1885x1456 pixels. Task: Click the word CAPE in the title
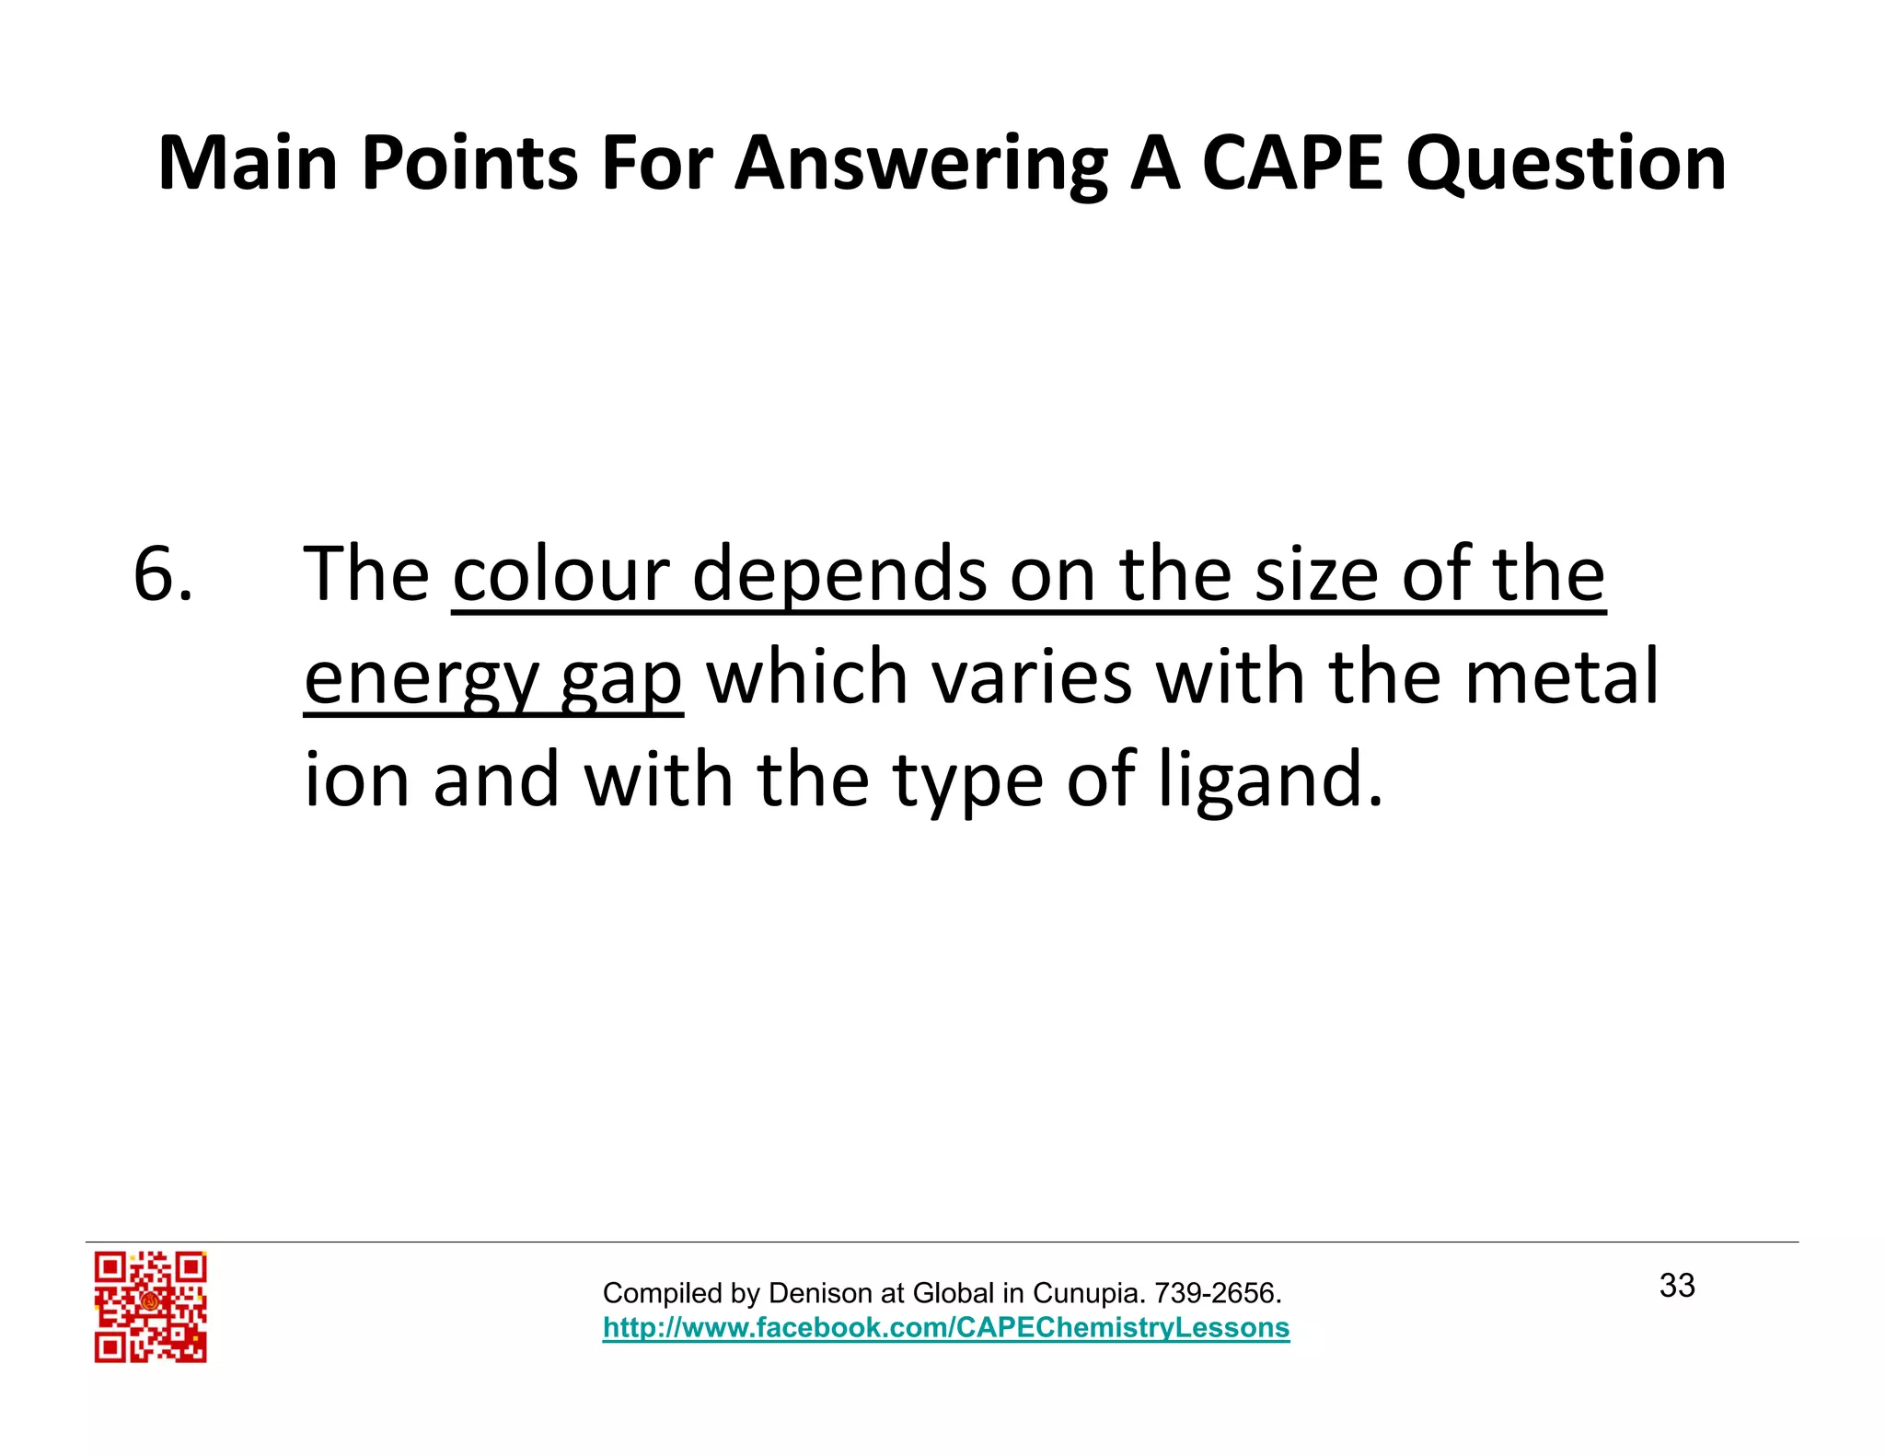click(x=1292, y=164)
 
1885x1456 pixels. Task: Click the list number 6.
click(x=163, y=574)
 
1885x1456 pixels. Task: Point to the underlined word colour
click(x=561, y=574)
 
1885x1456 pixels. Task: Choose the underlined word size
click(x=1318, y=574)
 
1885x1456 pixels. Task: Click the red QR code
click(x=150, y=1306)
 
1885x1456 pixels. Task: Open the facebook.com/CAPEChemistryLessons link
click(x=946, y=1327)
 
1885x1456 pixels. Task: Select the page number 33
click(x=1677, y=1286)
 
